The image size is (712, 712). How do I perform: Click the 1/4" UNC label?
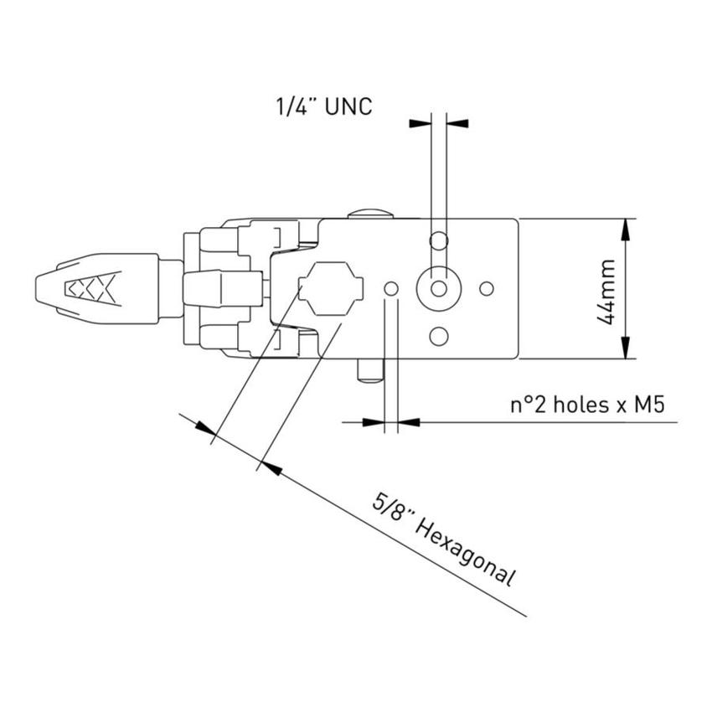pyautogui.click(x=323, y=106)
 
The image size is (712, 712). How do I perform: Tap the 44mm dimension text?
pyautogui.click(x=609, y=291)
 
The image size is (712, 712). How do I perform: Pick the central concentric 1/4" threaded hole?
pyautogui.click(x=437, y=288)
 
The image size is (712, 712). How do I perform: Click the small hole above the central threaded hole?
pyautogui.click(x=437, y=242)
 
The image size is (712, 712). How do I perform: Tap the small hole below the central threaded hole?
pyautogui.click(x=437, y=337)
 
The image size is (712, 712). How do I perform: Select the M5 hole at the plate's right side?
pyautogui.click(x=486, y=288)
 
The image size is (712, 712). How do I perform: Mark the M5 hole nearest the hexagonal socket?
pyautogui.click(x=390, y=288)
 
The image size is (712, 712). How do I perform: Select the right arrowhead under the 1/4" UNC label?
pyautogui.click(x=457, y=123)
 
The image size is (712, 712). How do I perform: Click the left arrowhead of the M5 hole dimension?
pyautogui.click(x=373, y=421)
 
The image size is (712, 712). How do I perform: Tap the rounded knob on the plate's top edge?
pyautogui.click(x=369, y=214)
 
